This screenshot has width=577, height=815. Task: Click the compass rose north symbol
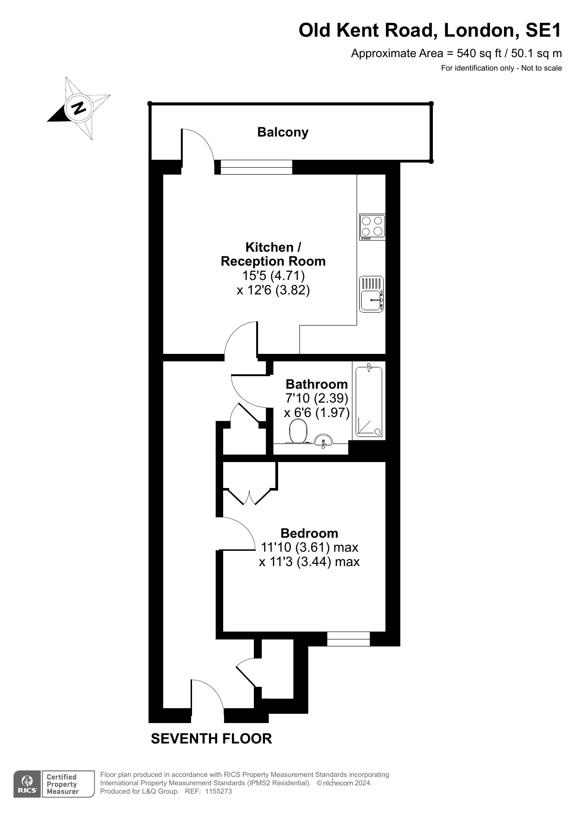tap(79, 108)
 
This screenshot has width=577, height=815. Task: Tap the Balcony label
tap(283, 132)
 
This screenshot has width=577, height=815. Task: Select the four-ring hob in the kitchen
tap(372, 227)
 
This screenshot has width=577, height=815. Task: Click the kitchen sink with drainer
tap(371, 294)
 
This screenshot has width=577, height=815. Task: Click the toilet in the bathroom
tap(298, 432)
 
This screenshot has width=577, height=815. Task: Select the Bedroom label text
tap(309, 533)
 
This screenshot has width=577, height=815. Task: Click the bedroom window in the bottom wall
tap(348, 639)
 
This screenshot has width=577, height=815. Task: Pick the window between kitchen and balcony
tap(256, 167)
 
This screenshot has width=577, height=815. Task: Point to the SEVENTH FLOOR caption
tap(212, 738)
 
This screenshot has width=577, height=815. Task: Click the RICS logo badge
tap(54, 784)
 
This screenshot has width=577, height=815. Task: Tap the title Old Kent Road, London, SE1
tap(430, 30)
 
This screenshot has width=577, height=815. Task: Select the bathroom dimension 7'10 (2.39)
tap(317, 398)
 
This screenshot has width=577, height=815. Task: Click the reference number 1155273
tap(218, 791)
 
